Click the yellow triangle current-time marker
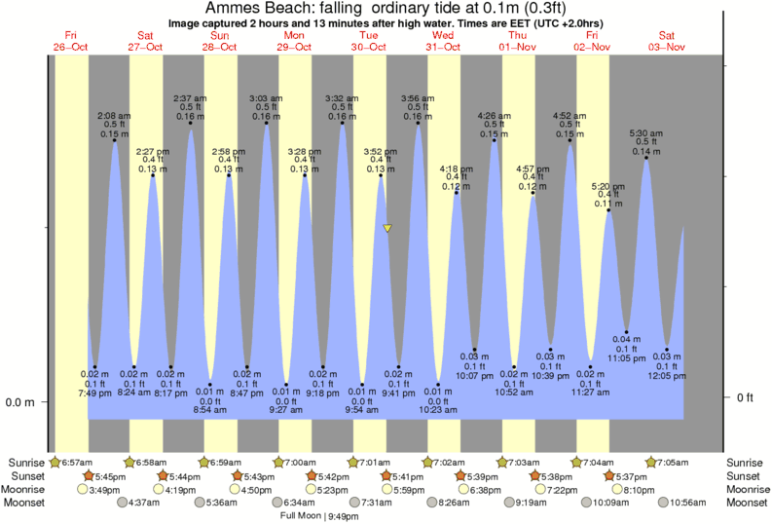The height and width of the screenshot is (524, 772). [387, 229]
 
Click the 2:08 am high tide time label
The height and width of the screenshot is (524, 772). [114, 115]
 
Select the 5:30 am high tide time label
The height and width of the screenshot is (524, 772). [646, 132]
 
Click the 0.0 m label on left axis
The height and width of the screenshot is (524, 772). [21, 402]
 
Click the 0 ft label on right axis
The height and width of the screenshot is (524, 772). [744, 397]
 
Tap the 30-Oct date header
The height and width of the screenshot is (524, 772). [369, 47]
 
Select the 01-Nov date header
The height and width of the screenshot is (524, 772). [519, 47]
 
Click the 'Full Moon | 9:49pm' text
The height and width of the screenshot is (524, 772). [314, 515]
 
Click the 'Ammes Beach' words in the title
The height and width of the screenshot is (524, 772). [256, 9]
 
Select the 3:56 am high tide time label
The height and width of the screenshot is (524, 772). [419, 98]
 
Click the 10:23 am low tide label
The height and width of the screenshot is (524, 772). [438, 410]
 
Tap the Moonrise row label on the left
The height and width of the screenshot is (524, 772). [26, 489]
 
